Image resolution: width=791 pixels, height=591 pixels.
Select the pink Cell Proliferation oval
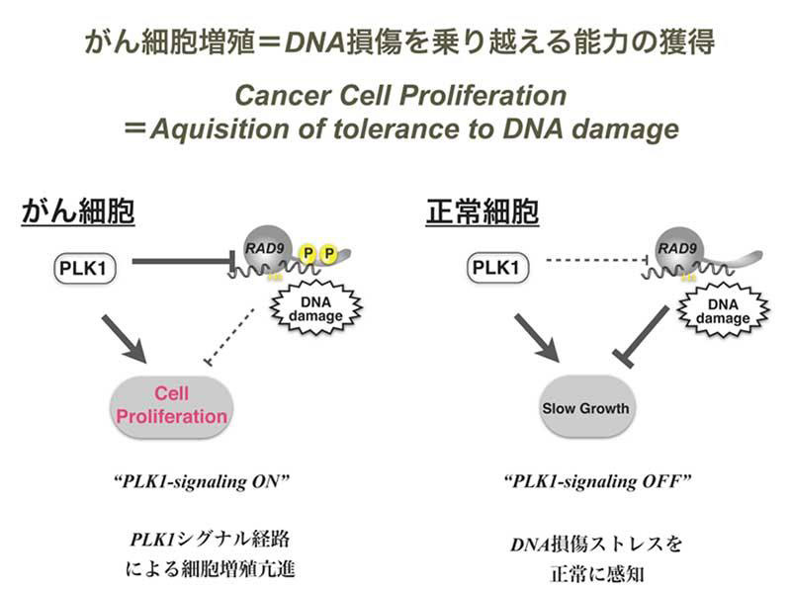tap(171, 404)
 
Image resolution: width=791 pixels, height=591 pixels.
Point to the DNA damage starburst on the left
tap(308, 308)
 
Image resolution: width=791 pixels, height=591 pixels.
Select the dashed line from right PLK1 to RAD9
tap(593, 263)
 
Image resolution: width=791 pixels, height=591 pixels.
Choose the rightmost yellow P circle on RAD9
tap(328, 255)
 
